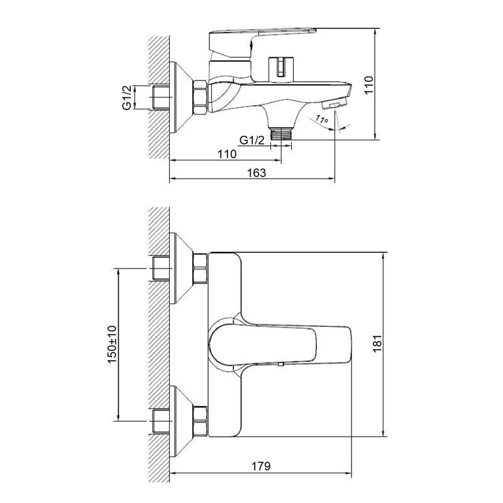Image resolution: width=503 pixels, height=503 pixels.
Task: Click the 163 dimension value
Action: click(257, 173)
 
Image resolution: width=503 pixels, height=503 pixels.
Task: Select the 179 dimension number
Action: click(261, 466)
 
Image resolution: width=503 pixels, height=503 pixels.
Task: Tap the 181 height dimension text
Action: click(377, 343)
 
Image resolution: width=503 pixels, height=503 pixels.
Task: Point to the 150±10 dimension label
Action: click(113, 344)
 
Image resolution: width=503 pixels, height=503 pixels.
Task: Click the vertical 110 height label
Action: click(369, 85)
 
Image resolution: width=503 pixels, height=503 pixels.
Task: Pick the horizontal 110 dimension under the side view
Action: click(227, 154)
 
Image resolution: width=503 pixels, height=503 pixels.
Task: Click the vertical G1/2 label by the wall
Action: click(127, 97)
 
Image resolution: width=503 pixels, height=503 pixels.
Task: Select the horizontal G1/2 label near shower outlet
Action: click(252, 140)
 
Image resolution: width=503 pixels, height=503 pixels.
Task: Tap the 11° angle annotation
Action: click(321, 119)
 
